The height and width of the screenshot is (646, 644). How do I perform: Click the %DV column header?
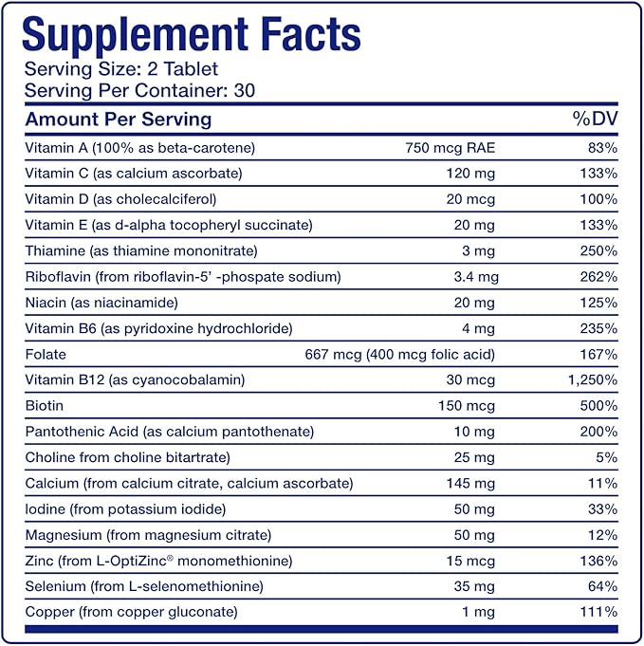click(593, 120)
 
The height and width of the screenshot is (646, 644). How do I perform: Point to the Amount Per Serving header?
click(119, 120)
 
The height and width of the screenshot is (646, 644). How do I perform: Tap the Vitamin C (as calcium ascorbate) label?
click(134, 174)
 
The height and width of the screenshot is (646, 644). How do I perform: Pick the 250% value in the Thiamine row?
click(598, 251)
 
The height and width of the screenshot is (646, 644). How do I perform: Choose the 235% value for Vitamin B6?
click(598, 328)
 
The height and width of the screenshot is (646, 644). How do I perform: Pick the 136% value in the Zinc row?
click(598, 560)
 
